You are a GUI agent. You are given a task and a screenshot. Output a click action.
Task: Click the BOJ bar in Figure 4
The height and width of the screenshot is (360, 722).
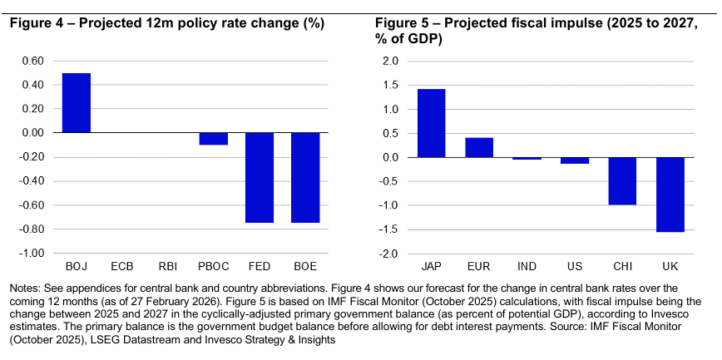click(77, 103)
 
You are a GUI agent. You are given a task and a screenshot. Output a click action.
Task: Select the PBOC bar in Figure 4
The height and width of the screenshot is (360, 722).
click(214, 139)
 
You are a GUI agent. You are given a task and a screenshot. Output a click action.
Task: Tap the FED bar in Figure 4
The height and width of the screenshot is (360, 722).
click(260, 177)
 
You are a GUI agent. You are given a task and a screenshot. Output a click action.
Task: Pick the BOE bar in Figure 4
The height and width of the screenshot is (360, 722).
click(305, 177)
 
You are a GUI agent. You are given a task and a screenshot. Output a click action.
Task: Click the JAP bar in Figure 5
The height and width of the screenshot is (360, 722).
click(431, 123)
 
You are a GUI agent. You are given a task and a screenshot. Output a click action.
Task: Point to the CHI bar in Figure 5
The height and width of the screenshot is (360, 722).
click(621, 181)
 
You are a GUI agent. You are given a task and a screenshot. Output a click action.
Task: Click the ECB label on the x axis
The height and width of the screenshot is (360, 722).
click(122, 267)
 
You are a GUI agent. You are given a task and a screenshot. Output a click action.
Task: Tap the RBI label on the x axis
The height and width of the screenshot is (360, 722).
click(168, 267)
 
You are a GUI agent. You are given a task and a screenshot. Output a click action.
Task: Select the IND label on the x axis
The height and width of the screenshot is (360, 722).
click(526, 267)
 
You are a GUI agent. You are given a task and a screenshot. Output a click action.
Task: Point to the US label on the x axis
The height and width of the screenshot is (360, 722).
click(573, 267)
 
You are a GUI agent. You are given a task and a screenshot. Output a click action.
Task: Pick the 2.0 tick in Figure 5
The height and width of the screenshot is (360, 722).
click(391, 61)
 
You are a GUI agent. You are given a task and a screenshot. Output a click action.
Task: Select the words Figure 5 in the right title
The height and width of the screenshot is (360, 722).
click(404, 23)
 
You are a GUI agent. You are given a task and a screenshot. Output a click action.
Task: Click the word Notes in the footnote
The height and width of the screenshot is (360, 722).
click(25, 288)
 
